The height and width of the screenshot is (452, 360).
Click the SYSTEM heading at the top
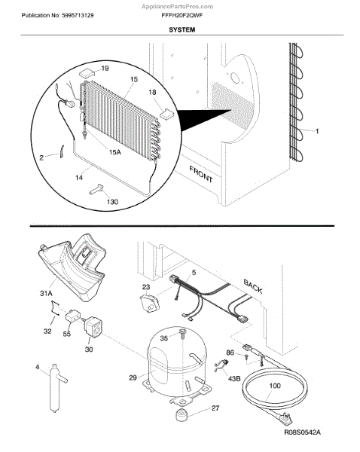tap(182, 29)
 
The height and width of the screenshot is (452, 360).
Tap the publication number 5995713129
tap(78, 16)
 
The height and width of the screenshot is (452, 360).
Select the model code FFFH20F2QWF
tap(182, 16)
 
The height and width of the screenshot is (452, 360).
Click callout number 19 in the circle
tap(105, 69)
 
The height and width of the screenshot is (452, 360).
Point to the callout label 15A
tap(114, 152)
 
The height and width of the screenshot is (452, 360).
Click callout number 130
tap(112, 201)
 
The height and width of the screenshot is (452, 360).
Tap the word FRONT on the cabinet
tap(201, 174)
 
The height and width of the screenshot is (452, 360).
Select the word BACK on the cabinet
tap(253, 286)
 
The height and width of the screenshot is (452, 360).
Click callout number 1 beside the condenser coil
tap(317, 131)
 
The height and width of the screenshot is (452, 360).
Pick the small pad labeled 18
tap(166, 113)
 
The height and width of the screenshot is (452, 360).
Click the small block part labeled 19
tap(87, 72)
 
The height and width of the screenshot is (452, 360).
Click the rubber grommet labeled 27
tap(182, 415)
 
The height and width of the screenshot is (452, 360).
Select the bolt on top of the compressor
tap(182, 333)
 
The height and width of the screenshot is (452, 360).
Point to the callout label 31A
tap(46, 294)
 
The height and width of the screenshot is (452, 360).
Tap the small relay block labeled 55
tap(72, 316)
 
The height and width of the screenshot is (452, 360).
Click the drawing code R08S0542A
tap(302, 432)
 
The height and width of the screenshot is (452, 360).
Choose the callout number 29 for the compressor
tap(133, 377)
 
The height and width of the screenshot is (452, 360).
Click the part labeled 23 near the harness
tap(149, 303)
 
